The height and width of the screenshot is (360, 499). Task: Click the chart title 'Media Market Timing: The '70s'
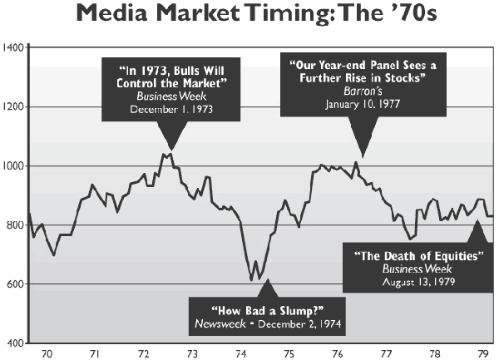[x=249, y=15]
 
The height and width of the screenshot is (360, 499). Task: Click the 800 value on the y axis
[x=14, y=225]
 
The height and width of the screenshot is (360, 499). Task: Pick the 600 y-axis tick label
[x=14, y=284]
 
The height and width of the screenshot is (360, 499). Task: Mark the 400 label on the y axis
[x=14, y=343]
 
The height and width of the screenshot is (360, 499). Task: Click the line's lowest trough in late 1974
[x=251, y=280]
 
